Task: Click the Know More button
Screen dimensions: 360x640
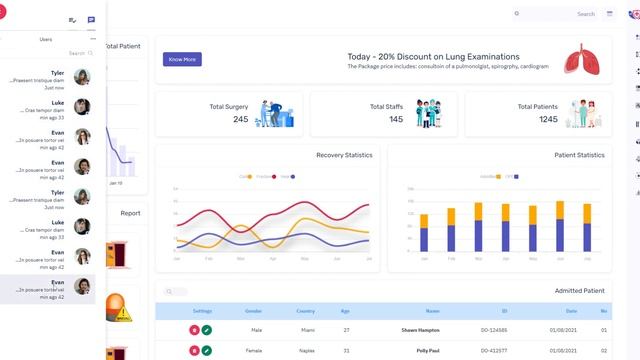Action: point(182,59)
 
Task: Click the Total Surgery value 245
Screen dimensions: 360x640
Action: point(241,119)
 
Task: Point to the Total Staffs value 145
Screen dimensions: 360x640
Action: point(397,119)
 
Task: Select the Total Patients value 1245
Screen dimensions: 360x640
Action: point(548,119)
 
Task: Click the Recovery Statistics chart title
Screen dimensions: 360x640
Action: point(344,155)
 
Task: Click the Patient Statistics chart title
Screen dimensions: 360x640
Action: point(579,155)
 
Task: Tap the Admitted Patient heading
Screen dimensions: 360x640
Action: point(580,291)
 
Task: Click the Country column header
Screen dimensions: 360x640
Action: point(305,311)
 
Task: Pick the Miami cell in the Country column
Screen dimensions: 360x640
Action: point(305,330)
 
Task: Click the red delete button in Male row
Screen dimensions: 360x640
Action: point(194,330)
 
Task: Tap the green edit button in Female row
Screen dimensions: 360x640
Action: point(207,350)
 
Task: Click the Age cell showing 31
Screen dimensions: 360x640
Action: point(346,350)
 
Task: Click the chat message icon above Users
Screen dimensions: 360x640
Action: point(92,20)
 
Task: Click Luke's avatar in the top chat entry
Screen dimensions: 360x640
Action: point(83,107)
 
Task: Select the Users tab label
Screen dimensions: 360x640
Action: point(46,39)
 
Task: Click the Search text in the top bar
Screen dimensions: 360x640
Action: point(586,14)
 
